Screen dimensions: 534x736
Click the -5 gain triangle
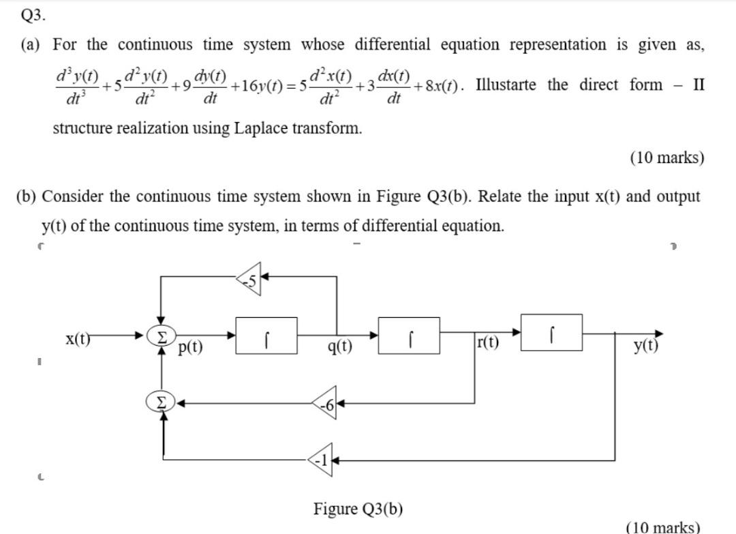pos(250,277)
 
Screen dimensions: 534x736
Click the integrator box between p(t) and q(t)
pos(266,335)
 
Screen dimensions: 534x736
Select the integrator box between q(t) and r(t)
pos(409,335)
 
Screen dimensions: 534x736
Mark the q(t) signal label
pos(340,348)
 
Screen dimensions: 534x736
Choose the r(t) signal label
pos(488,342)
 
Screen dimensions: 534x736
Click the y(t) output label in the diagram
pos(645,346)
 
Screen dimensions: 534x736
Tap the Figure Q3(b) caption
pos(358,508)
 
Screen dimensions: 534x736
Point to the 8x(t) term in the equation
pos(438,87)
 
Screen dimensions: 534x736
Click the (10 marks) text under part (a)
pos(667,158)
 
